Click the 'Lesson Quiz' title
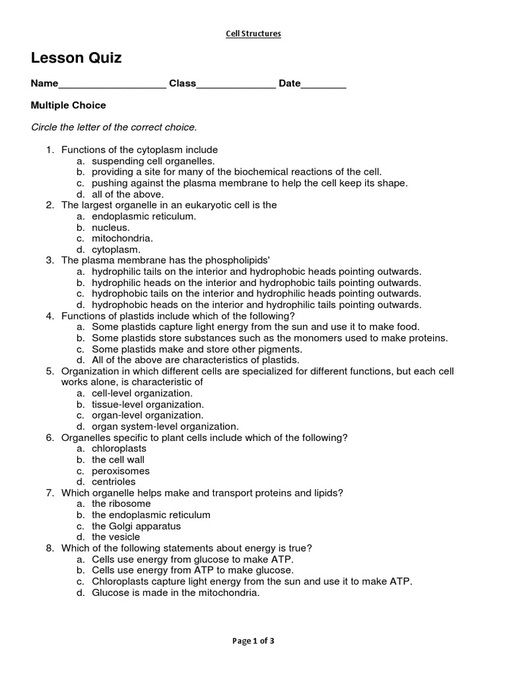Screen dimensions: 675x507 click(x=77, y=59)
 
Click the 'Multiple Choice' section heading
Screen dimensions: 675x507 click(x=69, y=105)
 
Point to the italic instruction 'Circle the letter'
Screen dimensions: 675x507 click(x=114, y=127)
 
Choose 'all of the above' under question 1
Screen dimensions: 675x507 click(x=127, y=194)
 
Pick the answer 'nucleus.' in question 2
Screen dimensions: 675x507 click(x=111, y=227)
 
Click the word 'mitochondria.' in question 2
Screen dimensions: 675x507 click(x=122, y=238)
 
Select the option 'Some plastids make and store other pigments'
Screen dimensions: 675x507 click(x=197, y=349)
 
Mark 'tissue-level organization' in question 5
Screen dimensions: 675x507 click(x=148, y=404)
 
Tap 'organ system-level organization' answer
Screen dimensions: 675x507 click(x=165, y=426)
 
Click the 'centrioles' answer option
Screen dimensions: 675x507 click(x=114, y=482)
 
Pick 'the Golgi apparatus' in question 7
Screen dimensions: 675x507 click(x=136, y=526)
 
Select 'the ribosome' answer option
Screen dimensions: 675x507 click(x=121, y=504)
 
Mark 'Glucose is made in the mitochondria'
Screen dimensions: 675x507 click(x=176, y=593)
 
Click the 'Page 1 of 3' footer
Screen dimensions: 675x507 click(x=253, y=641)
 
